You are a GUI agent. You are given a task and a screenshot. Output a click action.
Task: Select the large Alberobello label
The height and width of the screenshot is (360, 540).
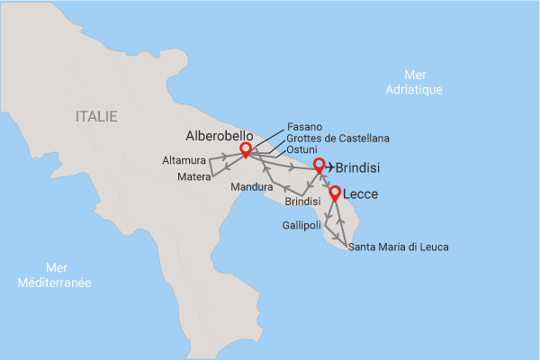221,136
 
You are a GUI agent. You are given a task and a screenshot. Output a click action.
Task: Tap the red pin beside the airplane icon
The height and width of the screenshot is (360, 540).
319,166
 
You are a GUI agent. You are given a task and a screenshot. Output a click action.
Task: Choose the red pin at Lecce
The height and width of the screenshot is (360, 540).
335,193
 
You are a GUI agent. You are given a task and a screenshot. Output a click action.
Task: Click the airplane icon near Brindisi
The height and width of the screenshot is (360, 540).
329,166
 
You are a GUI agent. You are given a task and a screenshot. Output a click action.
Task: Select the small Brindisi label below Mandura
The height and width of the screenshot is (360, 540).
302,202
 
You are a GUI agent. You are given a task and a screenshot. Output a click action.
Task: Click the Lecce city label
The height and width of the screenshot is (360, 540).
361,193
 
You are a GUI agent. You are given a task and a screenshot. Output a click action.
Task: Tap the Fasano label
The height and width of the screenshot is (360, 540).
303,126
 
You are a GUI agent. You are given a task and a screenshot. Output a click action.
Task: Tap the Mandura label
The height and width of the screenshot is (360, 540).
251,187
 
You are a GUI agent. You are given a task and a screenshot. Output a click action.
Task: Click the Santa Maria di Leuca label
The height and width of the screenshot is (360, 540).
398,247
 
